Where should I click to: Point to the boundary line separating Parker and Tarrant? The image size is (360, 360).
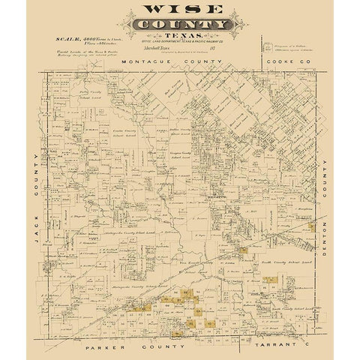point(247,325)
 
